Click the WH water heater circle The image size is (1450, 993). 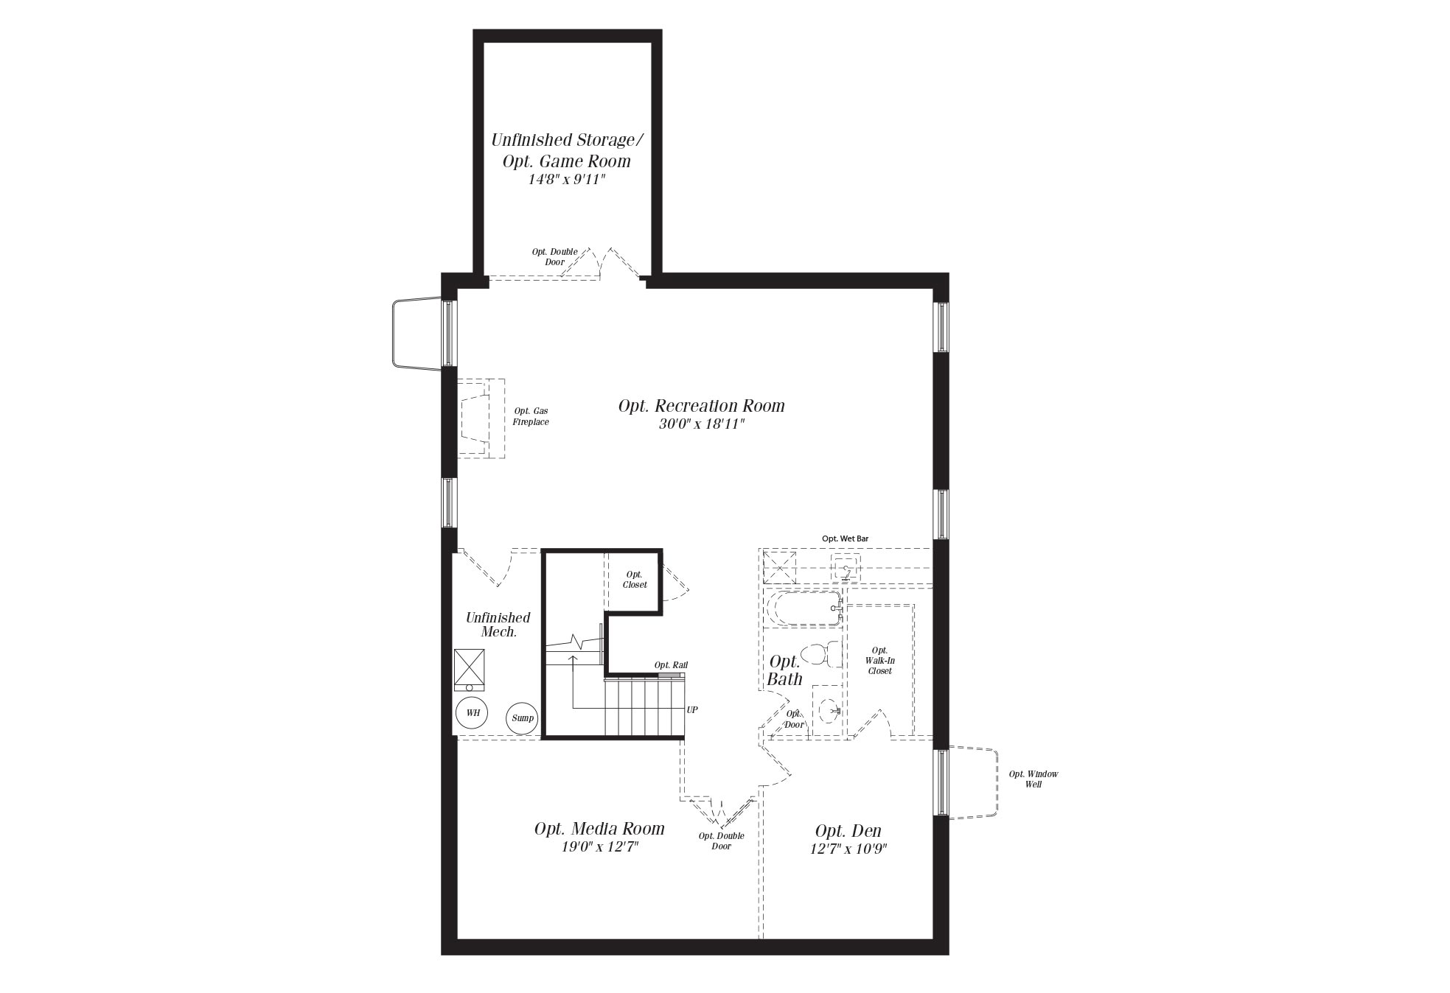tap(472, 713)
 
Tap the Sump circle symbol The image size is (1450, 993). tap(523, 718)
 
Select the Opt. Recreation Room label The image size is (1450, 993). tap(701, 406)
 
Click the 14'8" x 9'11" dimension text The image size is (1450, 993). tap(567, 179)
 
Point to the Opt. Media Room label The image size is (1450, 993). tap(599, 829)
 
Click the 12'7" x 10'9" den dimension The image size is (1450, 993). tap(848, 849)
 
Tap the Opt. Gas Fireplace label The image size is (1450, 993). tap(531, 417)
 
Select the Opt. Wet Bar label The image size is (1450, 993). tap(845, 539)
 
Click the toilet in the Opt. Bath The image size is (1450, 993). tap(820, 654)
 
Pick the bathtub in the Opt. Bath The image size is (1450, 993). tap(804, 609)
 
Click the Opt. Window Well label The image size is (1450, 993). tap(1034, 779)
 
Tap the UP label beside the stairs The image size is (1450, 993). tap(692, 710)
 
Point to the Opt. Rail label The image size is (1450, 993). tap(671, 665)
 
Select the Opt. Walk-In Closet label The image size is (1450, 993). tap(879, 661)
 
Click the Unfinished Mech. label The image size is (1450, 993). tap(498, 625)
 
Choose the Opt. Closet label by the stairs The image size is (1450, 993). tap(635, 580)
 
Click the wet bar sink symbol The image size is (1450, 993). tap(846, 569)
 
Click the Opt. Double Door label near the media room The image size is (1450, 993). tap(721, 841)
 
